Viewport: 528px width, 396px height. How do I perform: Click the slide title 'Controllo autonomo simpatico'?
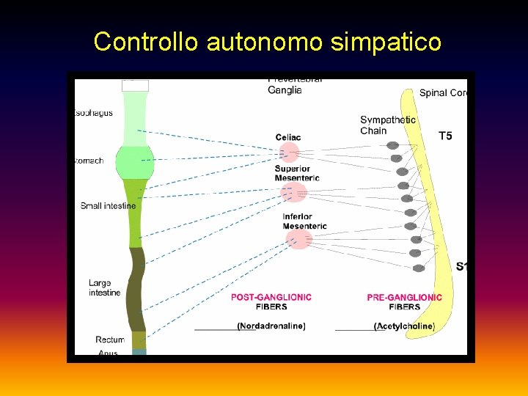(x=267, y=42)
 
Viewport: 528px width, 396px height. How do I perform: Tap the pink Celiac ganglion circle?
(x=289, y=153)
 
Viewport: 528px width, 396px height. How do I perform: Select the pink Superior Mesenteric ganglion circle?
(x=293, y=193)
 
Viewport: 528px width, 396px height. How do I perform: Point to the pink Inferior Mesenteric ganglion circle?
(x=298, y=239)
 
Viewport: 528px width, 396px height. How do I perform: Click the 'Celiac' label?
(x=288, y=137)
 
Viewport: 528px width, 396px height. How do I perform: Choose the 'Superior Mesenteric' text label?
(x=297, y=173)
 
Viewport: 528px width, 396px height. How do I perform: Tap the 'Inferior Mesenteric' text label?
(x=304, y=221)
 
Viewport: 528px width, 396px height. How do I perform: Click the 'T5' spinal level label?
(x=445, y=136)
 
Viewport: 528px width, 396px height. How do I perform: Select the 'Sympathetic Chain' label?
(x=387, y=125)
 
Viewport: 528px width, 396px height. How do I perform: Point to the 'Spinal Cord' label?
(x=443, y=93)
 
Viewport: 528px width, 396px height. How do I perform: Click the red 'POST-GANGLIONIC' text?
(x=271, y=297)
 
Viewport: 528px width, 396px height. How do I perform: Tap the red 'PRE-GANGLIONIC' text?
(x=404, y=297)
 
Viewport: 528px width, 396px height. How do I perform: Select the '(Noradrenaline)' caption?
(x=271, y=326)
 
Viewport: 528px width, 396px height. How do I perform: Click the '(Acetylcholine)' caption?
(x=404, y=326)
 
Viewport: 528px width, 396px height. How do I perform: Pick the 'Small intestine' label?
(x=108, y=206)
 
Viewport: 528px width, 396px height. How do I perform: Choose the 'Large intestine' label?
(x=104, y=287)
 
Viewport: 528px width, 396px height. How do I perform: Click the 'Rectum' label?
(x=110, y=340)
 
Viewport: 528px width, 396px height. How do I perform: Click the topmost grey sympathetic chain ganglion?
(x=393, y=145)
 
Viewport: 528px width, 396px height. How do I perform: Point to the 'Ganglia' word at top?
(x=285, y=90)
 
